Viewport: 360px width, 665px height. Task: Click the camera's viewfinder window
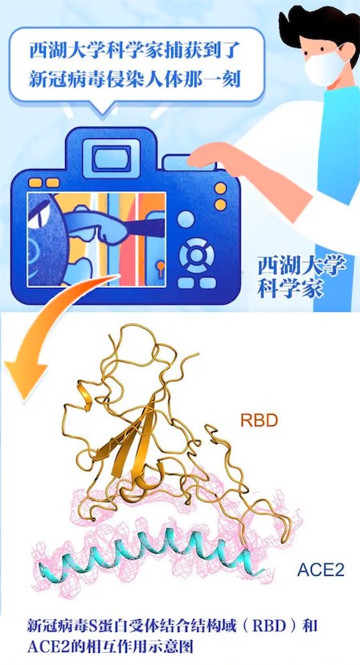click(112, 158)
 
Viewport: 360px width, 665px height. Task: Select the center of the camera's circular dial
click(196, 256)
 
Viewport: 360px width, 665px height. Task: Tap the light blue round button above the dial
click(186, 219)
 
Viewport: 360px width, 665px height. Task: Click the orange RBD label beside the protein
click(259, 421)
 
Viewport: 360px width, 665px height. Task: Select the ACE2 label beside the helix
click(320, 570)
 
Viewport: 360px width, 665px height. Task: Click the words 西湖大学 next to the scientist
click(301, 267)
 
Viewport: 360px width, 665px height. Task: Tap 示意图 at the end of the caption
click(173, 647)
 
